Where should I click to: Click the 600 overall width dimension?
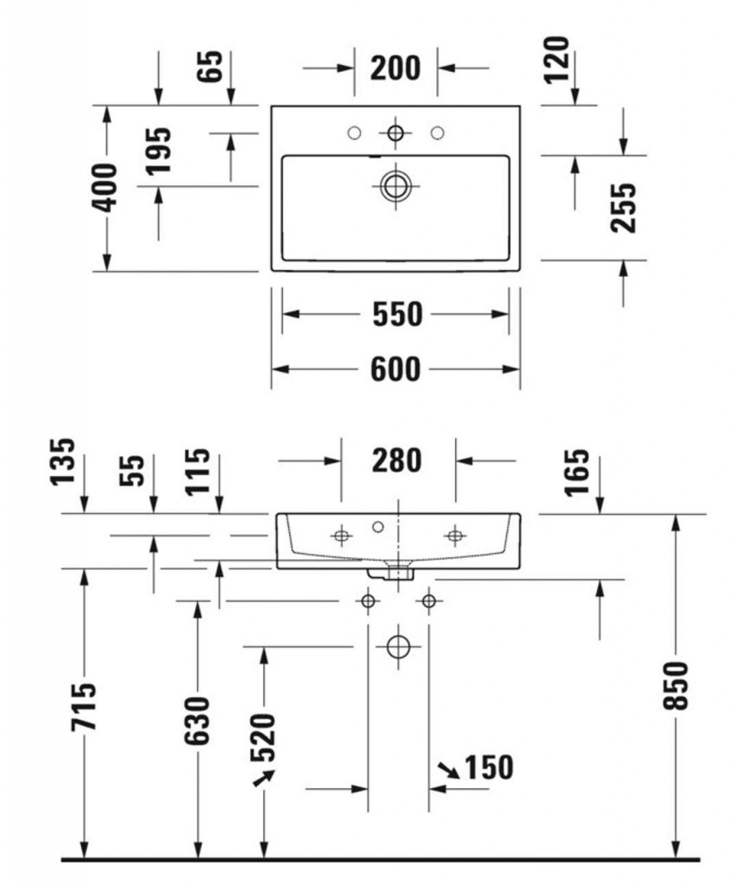[395, 369]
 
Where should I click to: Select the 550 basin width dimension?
[397, 315]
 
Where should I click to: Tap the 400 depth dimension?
[106, 187]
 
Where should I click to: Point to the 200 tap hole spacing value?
[395, 67]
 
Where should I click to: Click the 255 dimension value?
[623, 207]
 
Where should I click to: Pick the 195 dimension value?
[158, 151]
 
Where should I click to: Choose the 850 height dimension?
[677, 685]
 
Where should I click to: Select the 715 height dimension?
[84, 706]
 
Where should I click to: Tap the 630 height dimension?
[198, 720]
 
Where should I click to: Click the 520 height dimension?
[263, 738]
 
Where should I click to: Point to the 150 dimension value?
[489, 767]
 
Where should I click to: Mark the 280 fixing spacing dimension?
[397, 461]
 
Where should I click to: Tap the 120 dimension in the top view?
[557, 59]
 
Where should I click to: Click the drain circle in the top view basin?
[395, 184]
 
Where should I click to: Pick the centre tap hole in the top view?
[395, 132]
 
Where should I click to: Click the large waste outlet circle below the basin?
[397, 646]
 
